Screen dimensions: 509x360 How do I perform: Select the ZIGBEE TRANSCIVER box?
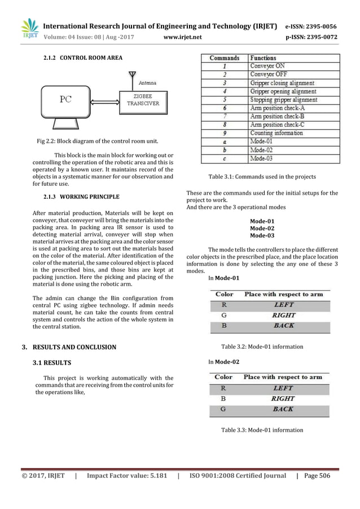pos(142,100)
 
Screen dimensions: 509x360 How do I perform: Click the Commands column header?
pos(225,58)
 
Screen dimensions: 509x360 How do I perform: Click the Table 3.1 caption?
pos(262,177)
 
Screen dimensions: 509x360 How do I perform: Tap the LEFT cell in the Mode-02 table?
pos(283,388)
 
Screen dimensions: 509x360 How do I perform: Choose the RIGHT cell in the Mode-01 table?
pos(283,315)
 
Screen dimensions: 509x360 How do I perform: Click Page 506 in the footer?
pos(317,476)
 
